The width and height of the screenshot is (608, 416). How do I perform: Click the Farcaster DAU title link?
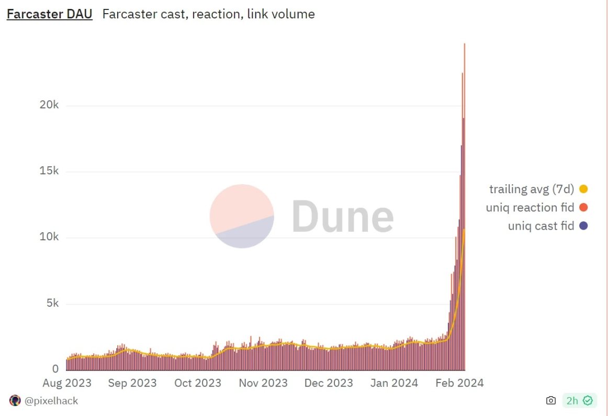[x=49, y=14]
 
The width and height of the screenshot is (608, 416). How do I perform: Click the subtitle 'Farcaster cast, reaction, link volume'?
[x=208, y=14]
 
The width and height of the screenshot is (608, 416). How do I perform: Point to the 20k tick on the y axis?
[x=49, y=105]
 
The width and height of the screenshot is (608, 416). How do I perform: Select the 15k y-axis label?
[x=49, y=171]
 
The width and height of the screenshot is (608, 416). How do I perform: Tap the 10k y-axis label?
[x=49, y=237]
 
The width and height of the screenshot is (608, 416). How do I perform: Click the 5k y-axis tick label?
[x=52, y=303]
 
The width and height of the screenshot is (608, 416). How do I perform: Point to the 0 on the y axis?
[x=56, y=369]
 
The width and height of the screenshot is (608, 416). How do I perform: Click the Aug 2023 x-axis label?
[x=67, y=383]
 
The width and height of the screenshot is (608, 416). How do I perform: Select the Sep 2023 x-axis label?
[x=132, y=383]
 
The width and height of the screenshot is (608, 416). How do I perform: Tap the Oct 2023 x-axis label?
[x=198, y=383]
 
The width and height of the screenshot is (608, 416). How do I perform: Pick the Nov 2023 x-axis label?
[x=263, y=383]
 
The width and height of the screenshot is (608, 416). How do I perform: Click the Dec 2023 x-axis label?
[x=329, y=383]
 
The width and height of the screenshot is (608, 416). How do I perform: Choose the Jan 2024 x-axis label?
[x=393, y=383]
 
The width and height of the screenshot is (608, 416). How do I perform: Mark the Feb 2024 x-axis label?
[x=459, y=383]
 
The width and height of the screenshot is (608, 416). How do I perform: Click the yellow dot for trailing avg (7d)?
[x=583, y=189]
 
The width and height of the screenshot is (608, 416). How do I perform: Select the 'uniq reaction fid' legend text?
[x=530, y=207]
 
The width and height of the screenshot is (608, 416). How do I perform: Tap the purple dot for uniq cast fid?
[x=583, y=226]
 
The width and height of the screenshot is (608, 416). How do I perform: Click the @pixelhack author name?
[x=51, y=401]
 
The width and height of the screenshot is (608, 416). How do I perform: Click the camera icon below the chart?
[x=550, y=400]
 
